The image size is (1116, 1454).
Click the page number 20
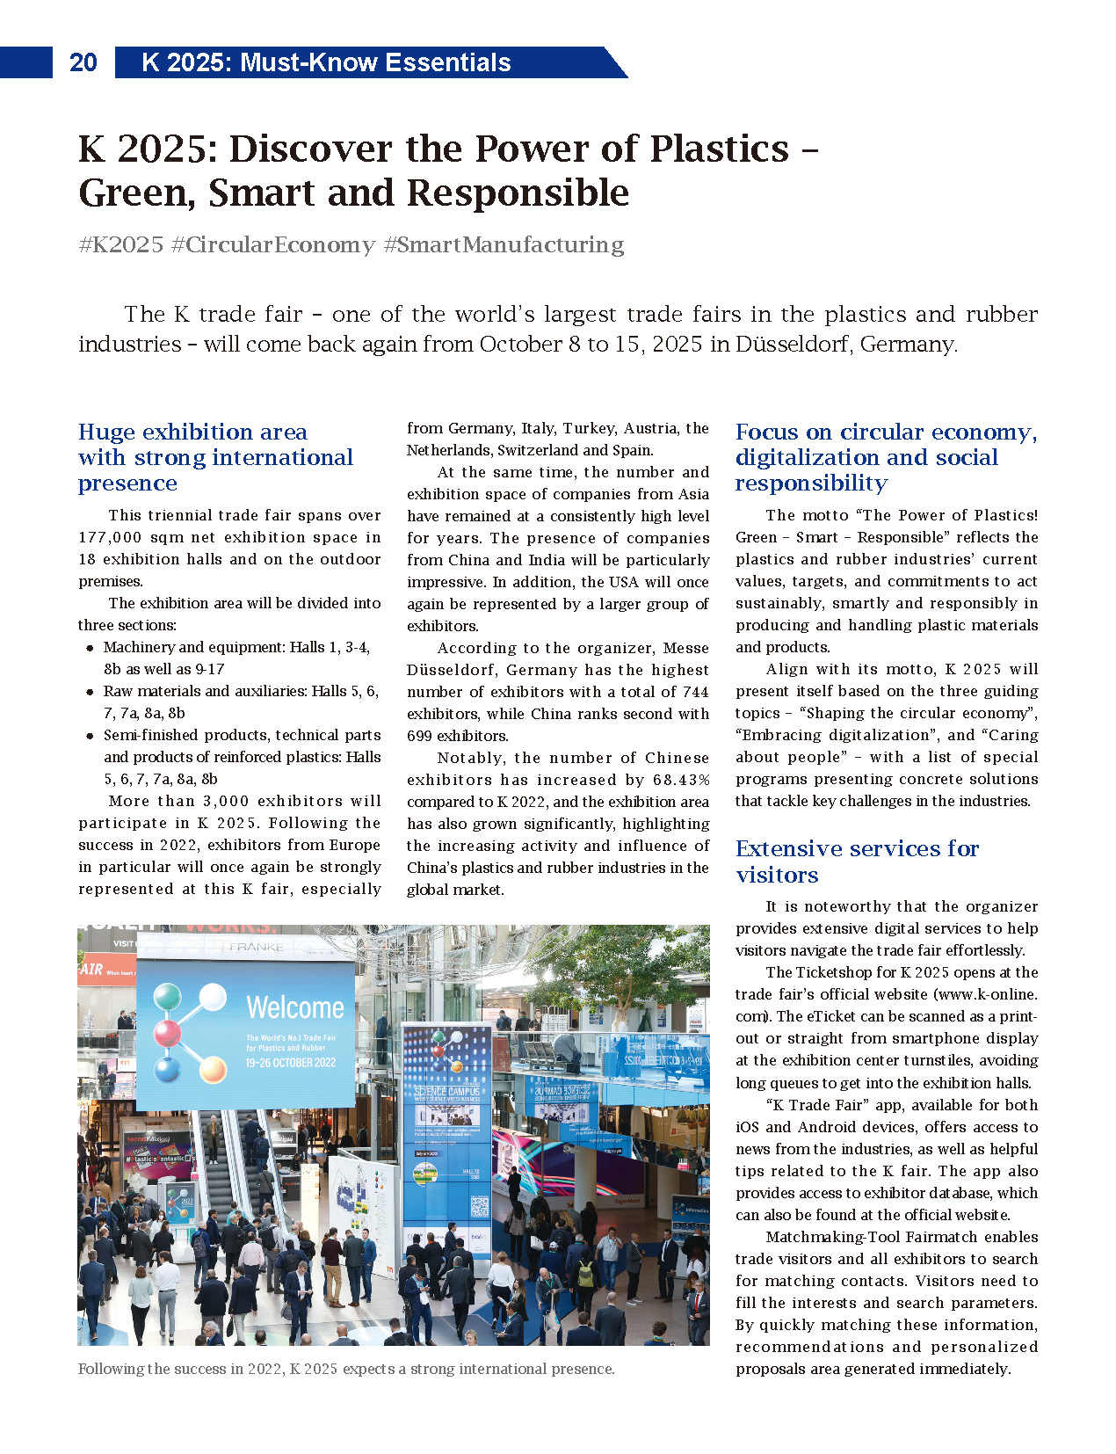(x=83, y=62)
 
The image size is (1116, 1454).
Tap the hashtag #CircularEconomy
(x=273, y=244)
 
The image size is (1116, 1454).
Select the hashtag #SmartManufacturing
(x=504, y=244)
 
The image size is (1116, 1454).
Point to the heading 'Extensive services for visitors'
(x=857, y=861)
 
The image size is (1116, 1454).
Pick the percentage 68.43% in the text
(x=681, y=780)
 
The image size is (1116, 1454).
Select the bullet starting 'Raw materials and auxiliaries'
(x=241, y=692)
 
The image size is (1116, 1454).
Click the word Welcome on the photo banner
(x=295, y=1007)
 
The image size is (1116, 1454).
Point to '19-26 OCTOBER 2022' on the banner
(x=290, y=1063)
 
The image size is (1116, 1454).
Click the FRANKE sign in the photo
(x=256, y=947)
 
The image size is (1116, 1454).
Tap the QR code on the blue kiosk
(x=479, y=1206)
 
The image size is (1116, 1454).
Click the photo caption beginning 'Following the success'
(x=346, y=1369)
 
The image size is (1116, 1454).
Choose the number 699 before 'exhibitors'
(x=421, y=736)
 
